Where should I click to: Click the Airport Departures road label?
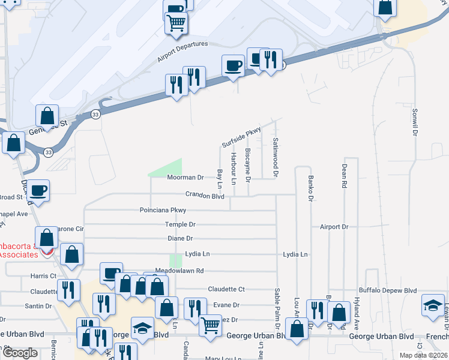[182, 52]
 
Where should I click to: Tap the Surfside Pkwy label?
[243, 137]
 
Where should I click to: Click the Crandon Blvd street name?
[205, 196]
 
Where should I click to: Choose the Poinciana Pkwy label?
[163, 210]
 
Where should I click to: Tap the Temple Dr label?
[181, 224]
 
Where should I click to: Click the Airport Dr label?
[334, 227]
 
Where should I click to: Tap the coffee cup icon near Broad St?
[39, 190]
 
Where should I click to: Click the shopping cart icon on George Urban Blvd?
[210, 326]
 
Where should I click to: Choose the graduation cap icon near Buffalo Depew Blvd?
[433, 305]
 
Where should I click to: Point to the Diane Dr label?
[181, 238]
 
